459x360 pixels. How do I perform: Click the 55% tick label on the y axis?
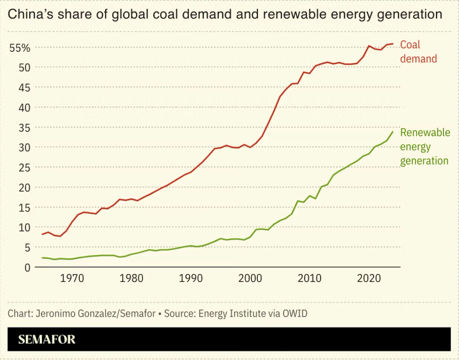pyautogui.click(x=20, y=48)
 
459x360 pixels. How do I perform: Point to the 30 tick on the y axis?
pyautogui.click(x=24, y=147)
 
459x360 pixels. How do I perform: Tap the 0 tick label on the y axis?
pyautogui.click(x=26, y=267)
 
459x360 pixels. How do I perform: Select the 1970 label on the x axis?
pyautogui.click(x=72, y=278)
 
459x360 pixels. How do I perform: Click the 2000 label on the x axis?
pyautogui.click(x=250, y=278)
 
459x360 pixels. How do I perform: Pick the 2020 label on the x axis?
pyautogui.click(x=368, y=278)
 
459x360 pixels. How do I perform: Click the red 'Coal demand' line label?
pyautogui.click(x=418, y=52)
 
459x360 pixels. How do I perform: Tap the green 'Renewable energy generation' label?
pyautogui.click(x=425, y=146)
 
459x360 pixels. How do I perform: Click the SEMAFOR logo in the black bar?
pyautogui.click(x=47, y=339)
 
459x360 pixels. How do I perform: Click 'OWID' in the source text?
pyautogui.click(x=294, y=314)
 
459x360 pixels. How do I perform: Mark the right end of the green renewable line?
pyautogui.click(x=393, y=131)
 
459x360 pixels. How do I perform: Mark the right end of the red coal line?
pyautogui.click(x=393, y=44)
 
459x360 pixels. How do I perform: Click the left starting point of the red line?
pyautogui.click(x=42, y=234)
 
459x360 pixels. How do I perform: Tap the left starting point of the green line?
pyautogui.click(x=42, y=258)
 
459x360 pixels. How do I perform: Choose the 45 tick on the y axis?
pyautogui.click(x=24, y=87)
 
